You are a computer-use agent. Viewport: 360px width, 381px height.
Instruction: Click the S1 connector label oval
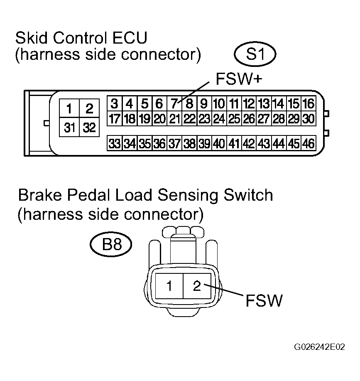coord(255,54)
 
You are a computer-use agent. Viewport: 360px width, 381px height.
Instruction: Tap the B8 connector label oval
coord(111,244)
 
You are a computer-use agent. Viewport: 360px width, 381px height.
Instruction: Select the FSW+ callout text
coord(239,79)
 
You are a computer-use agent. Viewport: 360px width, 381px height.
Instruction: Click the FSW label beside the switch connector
coord(264,300)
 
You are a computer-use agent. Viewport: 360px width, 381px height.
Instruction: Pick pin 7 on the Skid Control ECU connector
coord(174,103)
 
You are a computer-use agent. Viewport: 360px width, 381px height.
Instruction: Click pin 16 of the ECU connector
coord(309,103)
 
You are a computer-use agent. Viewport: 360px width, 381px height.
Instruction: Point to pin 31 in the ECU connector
coord(69,127)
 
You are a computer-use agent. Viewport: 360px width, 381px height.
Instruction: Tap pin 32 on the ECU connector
coord(89,127)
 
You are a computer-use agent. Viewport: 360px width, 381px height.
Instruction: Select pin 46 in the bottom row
coord(309,143)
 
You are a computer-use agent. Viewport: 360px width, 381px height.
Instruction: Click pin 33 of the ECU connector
coord(115,143)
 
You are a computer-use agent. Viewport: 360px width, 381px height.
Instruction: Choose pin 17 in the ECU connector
coord(115,118)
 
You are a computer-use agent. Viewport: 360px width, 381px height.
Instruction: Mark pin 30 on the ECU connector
coord(309,118)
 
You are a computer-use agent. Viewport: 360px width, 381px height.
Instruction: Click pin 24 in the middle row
coord(219,118)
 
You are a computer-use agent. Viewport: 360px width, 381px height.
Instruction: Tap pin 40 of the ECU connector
coord(219,143)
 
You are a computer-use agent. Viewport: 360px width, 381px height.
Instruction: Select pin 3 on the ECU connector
coord(115,103)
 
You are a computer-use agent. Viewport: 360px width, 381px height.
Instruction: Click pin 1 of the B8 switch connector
coord(169,286)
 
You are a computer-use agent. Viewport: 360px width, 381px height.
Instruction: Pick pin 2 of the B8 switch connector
coord(197,286)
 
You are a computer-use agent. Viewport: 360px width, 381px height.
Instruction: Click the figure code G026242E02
coord(319,347)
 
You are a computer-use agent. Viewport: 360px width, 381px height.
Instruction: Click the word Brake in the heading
coord(40,195)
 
